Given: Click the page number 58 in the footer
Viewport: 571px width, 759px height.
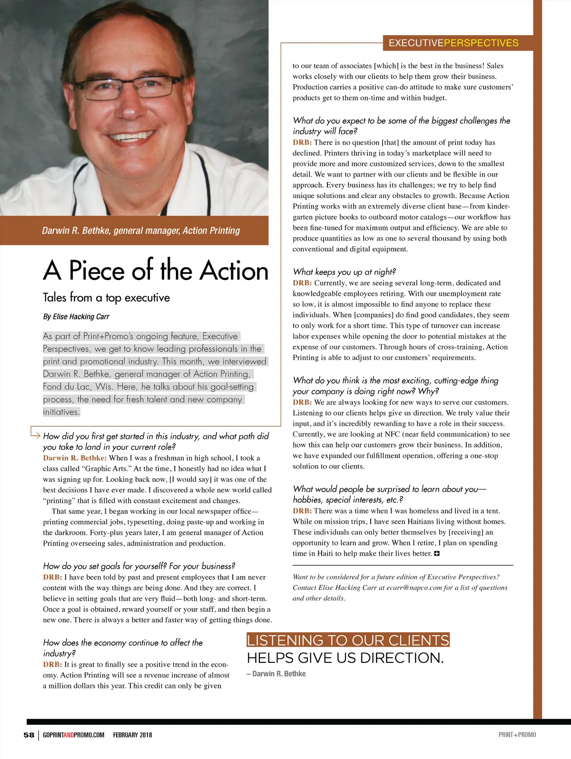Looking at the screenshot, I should (29, 735).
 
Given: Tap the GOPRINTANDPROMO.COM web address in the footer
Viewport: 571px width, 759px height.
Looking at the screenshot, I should (73, 735).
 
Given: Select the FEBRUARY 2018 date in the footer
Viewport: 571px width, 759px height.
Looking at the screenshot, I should (132, 735).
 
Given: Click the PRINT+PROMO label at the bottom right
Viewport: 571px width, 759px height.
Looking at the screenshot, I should (517, 735).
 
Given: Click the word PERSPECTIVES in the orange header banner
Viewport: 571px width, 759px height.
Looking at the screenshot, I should (481, 43).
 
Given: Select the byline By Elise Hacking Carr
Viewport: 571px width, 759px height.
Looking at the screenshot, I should (76, 317).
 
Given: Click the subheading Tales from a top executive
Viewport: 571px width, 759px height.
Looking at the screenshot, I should (106, 298).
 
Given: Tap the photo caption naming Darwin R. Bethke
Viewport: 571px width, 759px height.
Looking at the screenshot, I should (141, 230).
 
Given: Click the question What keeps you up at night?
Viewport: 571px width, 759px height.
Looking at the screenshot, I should (344, 272).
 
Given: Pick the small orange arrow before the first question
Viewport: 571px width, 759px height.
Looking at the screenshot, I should (36, 432).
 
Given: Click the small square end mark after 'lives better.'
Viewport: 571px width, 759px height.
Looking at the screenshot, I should (437, 553).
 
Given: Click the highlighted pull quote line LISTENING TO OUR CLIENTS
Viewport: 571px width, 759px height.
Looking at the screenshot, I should (348, 640).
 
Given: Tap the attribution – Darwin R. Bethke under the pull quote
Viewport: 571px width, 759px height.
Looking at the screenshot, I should (276, 674).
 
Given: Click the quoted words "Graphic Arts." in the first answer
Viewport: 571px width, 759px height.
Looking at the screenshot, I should (107, 469).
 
